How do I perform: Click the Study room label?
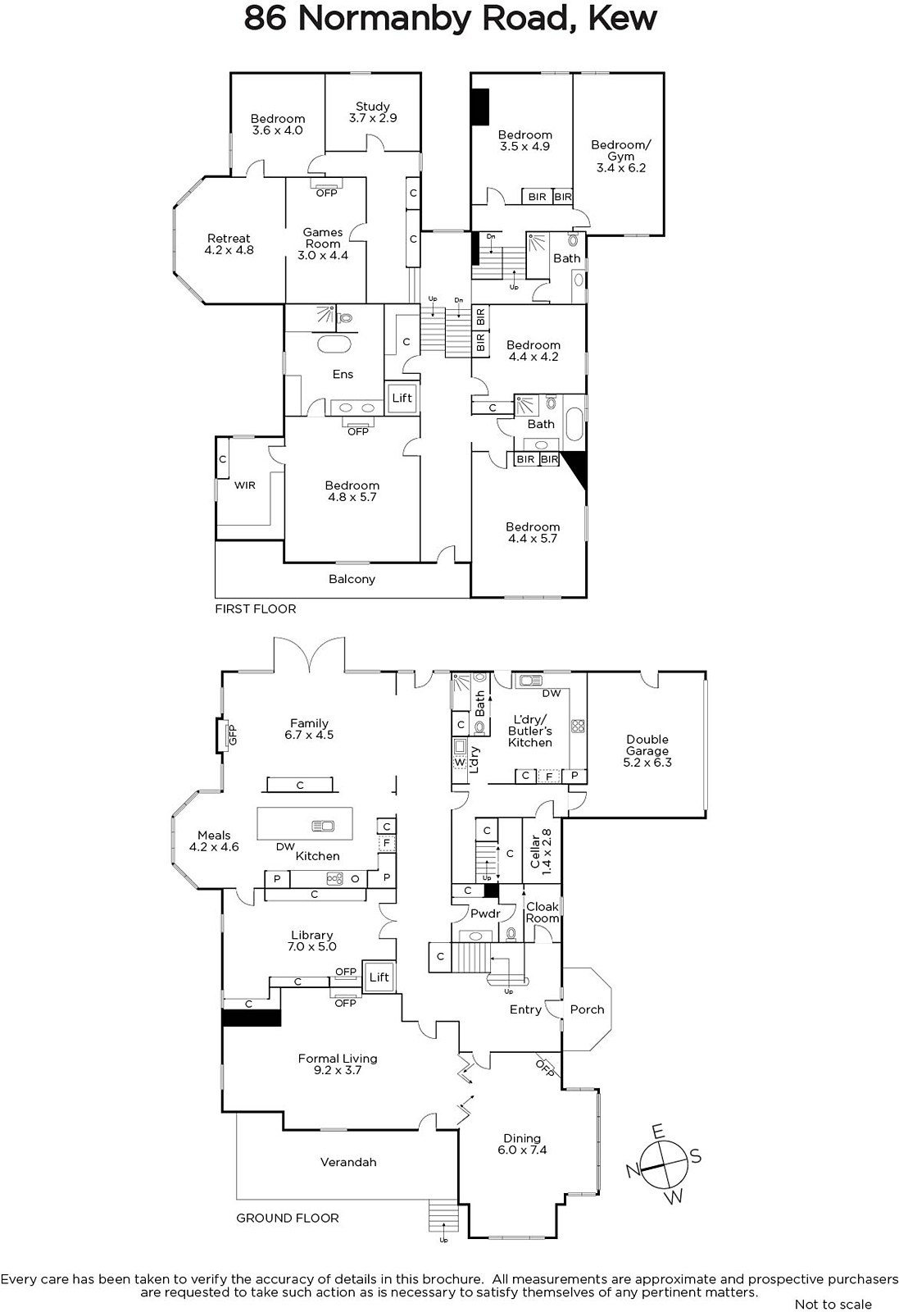tap(373, 112)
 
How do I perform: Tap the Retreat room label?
tap(229, 244)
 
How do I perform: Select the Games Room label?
tap(323, 244)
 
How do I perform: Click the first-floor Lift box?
tap(402, 399)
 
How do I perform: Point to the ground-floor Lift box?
tap(379, 977)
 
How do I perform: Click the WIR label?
tap(245, 485)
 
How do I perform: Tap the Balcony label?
tap(352, 579)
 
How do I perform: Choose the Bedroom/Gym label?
tap(621, 156)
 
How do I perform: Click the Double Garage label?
tap(647, 751)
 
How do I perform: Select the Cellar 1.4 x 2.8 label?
tap(541, 852)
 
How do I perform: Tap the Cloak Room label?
tap(543, 912)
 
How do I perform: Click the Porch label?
tap(587, 1009)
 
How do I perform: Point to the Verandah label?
tap(348, 1162)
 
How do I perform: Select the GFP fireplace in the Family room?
tap(225, 735)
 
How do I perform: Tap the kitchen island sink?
tap(323, 826)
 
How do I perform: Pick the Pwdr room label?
tap(486, 913)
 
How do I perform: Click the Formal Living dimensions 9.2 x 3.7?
tap(338, 1070)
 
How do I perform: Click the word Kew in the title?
tap(622, 18)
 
